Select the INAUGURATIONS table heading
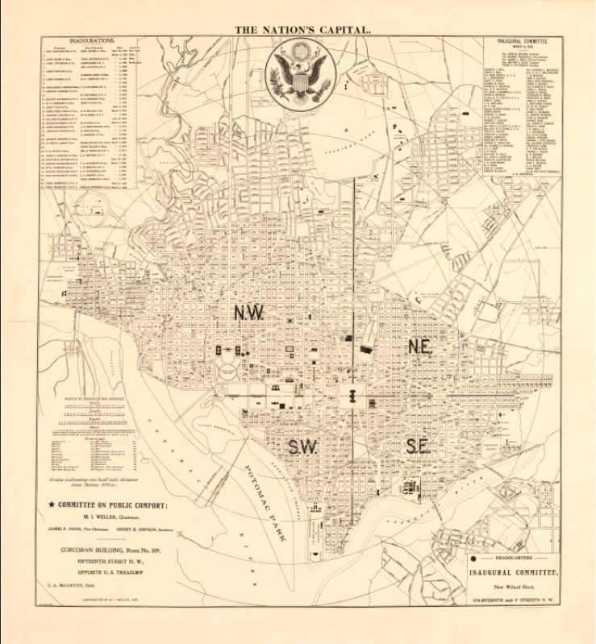tap(93, 39)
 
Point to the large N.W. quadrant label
tap(249, 314)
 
